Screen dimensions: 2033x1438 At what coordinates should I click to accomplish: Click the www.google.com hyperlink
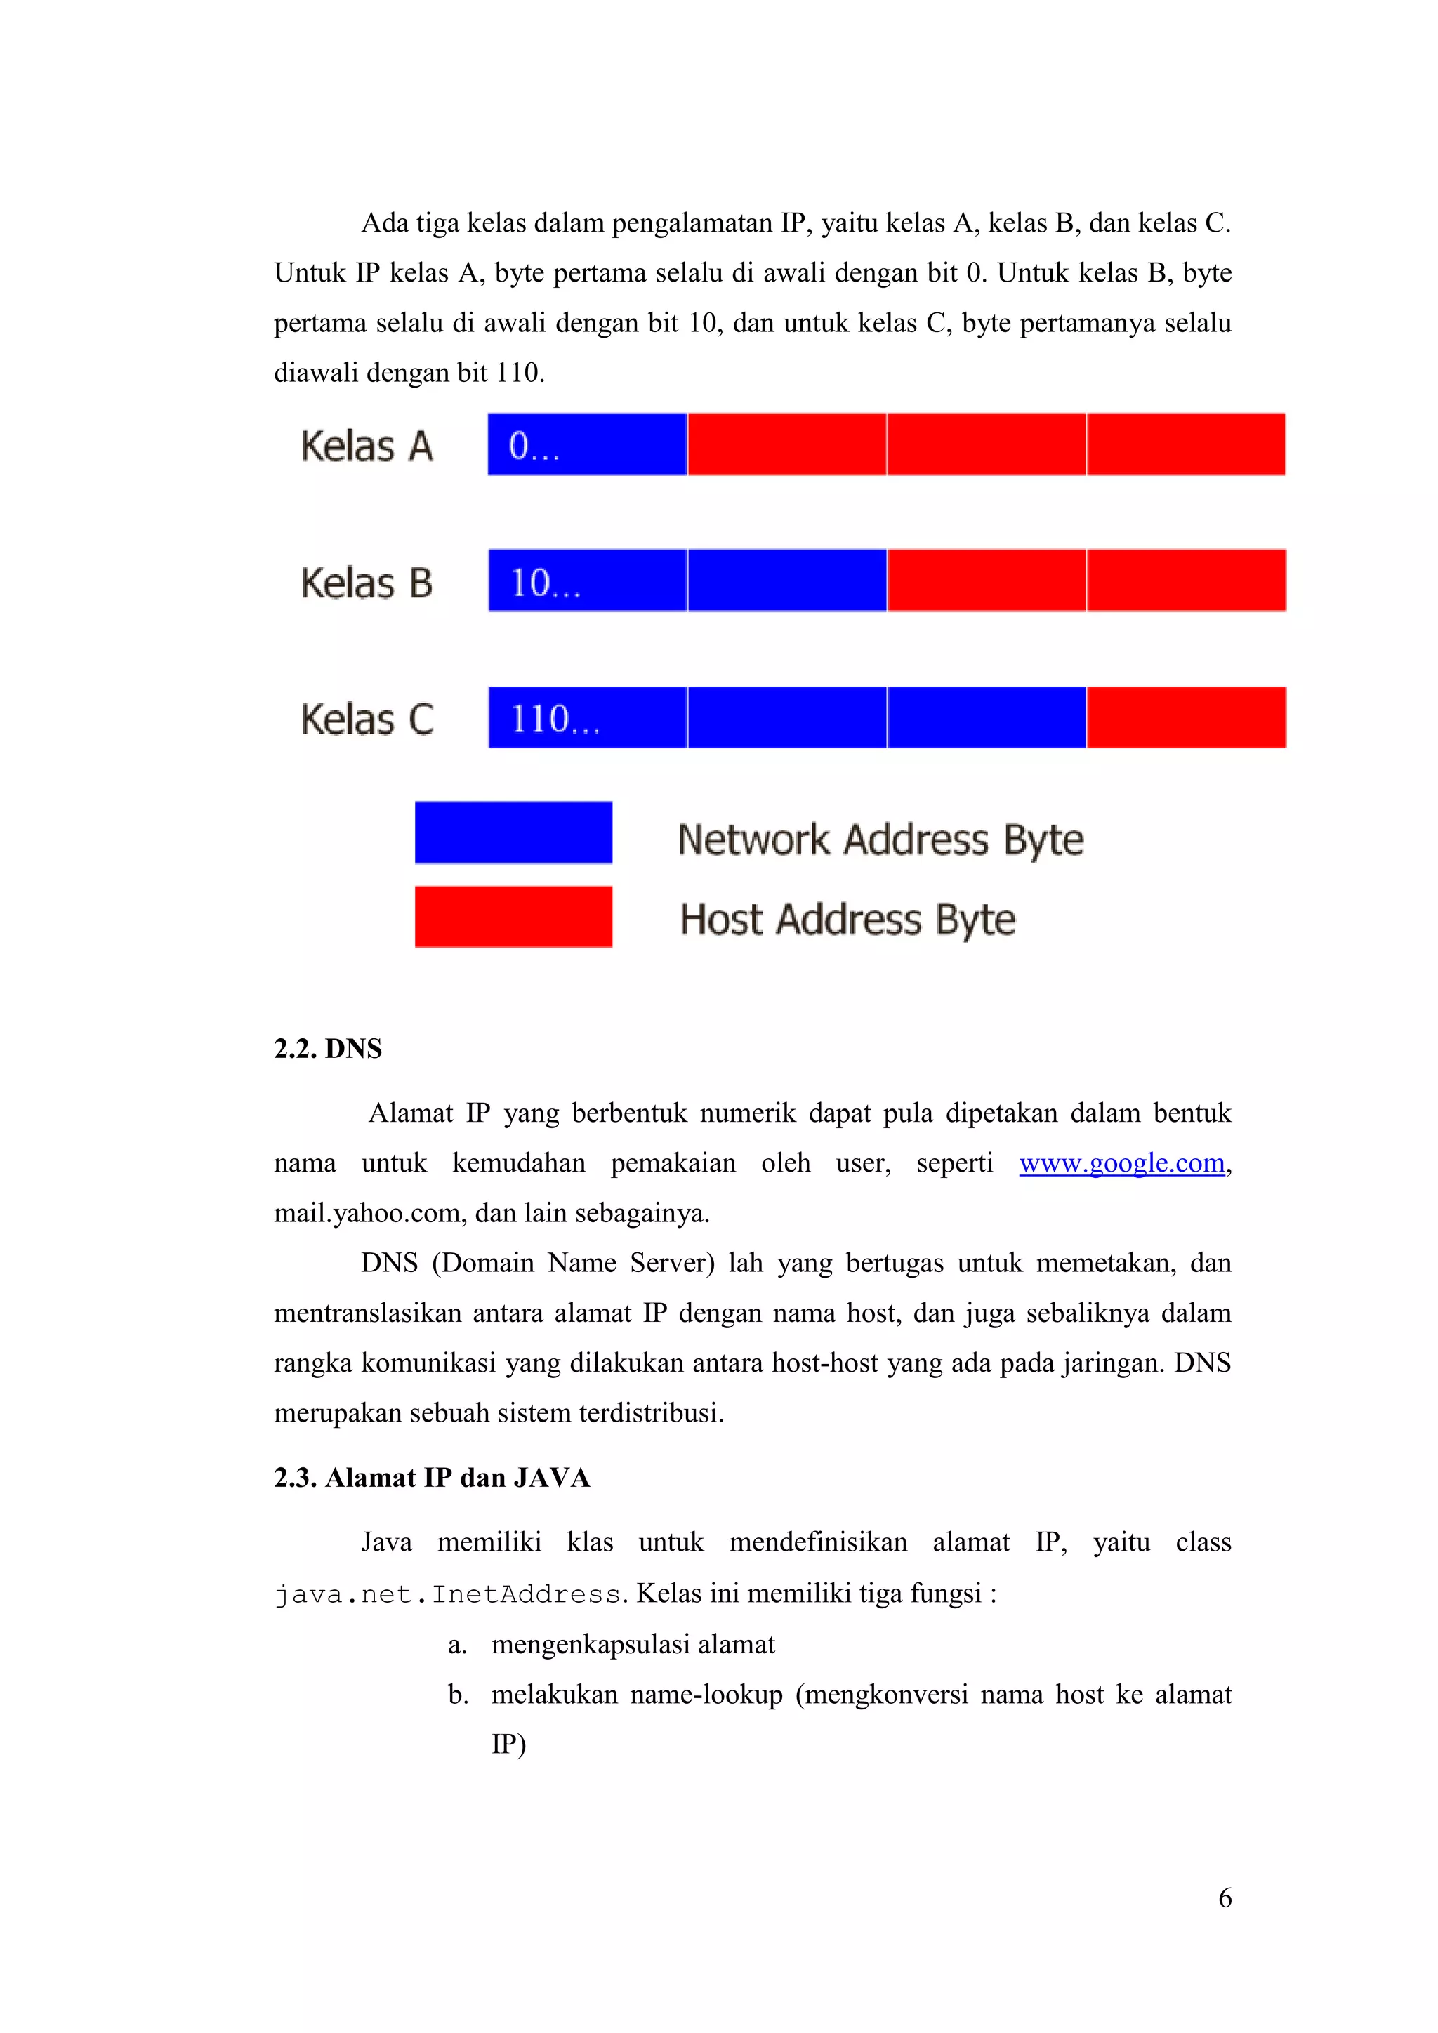click(1121, 1163)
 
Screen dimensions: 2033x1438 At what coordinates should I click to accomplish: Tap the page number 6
click(1225, 1898)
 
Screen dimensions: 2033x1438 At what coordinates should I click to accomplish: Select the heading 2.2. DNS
click(328, 1048)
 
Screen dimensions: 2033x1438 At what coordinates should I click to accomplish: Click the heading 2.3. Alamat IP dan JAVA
click(431, 1477)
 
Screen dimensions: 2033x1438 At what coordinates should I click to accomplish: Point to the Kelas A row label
click(367, 446)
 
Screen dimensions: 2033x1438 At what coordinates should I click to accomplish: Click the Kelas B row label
click(367, 583)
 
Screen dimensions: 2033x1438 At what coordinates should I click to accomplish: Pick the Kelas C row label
click(367, 719)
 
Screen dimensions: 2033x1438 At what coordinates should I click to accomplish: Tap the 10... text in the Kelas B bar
click(546, 583)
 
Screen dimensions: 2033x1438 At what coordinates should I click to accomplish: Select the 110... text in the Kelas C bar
click(556, 719)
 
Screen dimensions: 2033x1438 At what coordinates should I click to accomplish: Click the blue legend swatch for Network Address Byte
click(513, 833)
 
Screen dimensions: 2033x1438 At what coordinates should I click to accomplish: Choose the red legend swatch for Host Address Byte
click(513, 916)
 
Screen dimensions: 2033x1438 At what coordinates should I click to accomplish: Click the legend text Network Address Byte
click(880, 840)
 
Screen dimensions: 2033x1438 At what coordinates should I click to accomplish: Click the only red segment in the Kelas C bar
click(1186, 717)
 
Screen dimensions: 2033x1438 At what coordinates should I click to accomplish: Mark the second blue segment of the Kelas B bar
click(787, 581)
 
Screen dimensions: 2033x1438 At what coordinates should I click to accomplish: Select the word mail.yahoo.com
click(370, 1213)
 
